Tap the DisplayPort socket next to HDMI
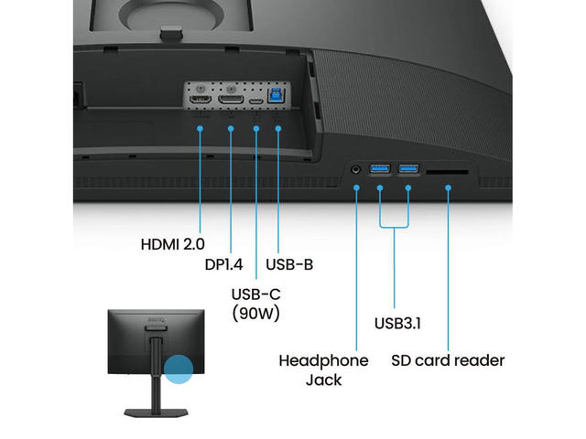click(x=232, y=97)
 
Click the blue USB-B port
click(x=277, y=95)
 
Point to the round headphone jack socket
click(x=356, y=169)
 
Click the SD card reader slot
click(x=450, y=170)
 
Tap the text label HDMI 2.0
click(x=173, y=244)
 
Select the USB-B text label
click(x=289, y=265)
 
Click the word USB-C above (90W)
click(x=256, y=295)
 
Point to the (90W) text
click(x=256, y=314)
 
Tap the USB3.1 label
click(x=396, y=323)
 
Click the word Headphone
click(x=323, y=360)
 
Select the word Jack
click(x=323, y=380)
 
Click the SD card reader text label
click(x=448, y=360)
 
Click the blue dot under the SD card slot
click(x=450, y=189)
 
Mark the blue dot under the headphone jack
click(x=356, y=189)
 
